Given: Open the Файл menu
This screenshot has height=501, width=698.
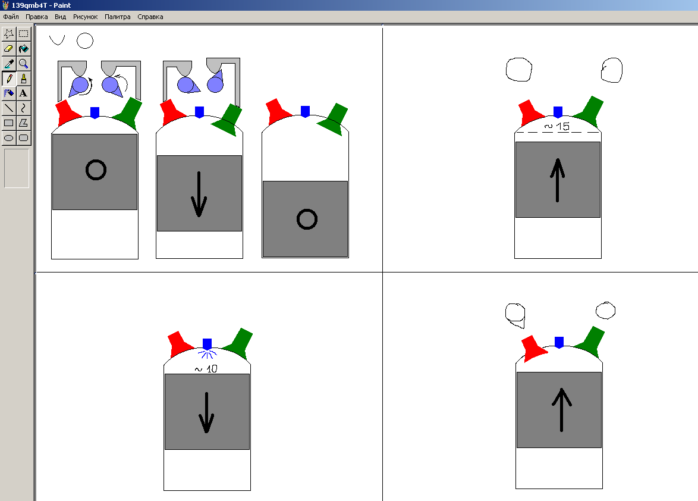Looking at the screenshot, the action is coord(11,17).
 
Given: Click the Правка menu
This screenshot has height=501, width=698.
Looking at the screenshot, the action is coord(36,17).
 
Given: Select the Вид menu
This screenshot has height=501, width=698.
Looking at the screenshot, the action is coord(60,17).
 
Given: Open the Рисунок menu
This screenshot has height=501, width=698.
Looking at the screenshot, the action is coord(85,17).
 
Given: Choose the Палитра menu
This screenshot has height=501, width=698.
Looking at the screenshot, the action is coord(118,17).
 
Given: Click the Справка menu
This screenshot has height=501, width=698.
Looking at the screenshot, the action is coord(150,17).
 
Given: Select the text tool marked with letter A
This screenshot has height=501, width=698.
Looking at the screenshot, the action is coord(24,93).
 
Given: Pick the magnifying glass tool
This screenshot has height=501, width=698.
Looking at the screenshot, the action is coord(24,64).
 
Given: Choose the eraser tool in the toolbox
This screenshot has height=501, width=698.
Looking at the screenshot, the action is coord(9,49).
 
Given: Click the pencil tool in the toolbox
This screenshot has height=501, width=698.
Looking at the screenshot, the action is coord(9,79).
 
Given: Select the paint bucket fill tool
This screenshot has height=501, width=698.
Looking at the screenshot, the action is coord(24,49).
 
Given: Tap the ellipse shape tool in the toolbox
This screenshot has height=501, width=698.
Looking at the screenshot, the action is coord(9,137).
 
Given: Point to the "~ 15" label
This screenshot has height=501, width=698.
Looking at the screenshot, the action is coord(557,127).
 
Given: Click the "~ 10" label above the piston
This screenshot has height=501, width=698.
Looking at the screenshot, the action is coord(206,369).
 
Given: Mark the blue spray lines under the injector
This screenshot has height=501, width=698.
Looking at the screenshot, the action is coord(207,354).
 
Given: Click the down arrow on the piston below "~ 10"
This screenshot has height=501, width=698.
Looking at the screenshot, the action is coord(206,412).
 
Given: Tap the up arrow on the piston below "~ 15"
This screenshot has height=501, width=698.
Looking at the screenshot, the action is coord(557,180).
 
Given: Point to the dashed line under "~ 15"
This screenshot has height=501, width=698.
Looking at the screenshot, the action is coord(558,133).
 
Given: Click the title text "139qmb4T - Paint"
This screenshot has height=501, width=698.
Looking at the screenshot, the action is coord(41,5).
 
